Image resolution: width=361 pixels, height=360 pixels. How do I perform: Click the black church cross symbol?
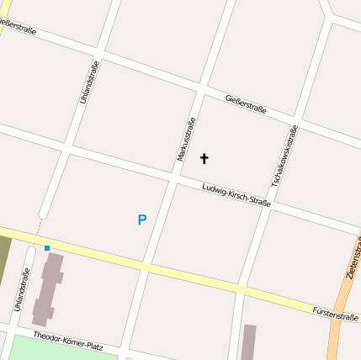coord(203,157)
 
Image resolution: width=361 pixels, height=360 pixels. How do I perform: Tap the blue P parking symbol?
coord(141,220)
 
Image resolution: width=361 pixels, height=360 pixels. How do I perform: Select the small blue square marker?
coord(47,247)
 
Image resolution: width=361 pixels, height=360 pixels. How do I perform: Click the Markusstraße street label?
coord(187,140)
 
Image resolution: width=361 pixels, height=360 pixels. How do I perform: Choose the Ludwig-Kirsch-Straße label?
coord(236,195)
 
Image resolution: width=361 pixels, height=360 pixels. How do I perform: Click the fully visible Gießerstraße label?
coord(247,104)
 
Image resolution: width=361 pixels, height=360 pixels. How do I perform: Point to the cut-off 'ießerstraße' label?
coord(18,32)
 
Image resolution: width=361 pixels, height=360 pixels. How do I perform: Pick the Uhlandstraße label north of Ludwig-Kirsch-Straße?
coord(89,82)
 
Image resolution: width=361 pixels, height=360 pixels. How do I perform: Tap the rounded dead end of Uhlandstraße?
coord(45,213)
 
